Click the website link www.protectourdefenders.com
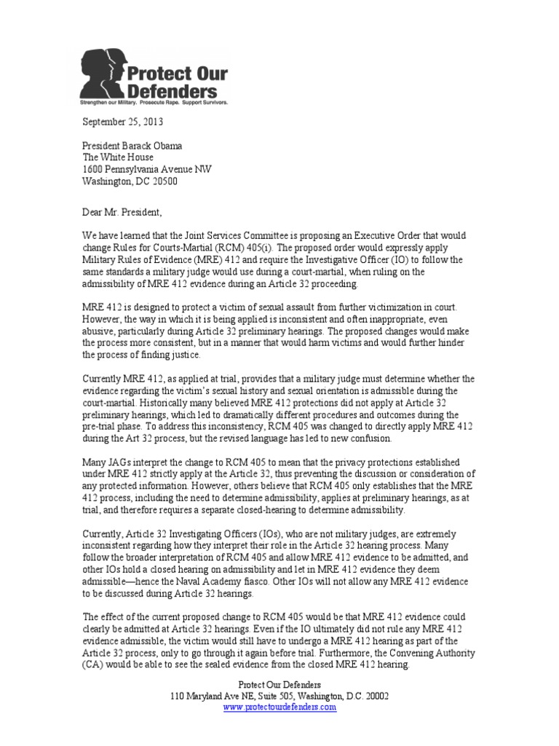279,707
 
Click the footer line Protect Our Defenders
279,683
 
